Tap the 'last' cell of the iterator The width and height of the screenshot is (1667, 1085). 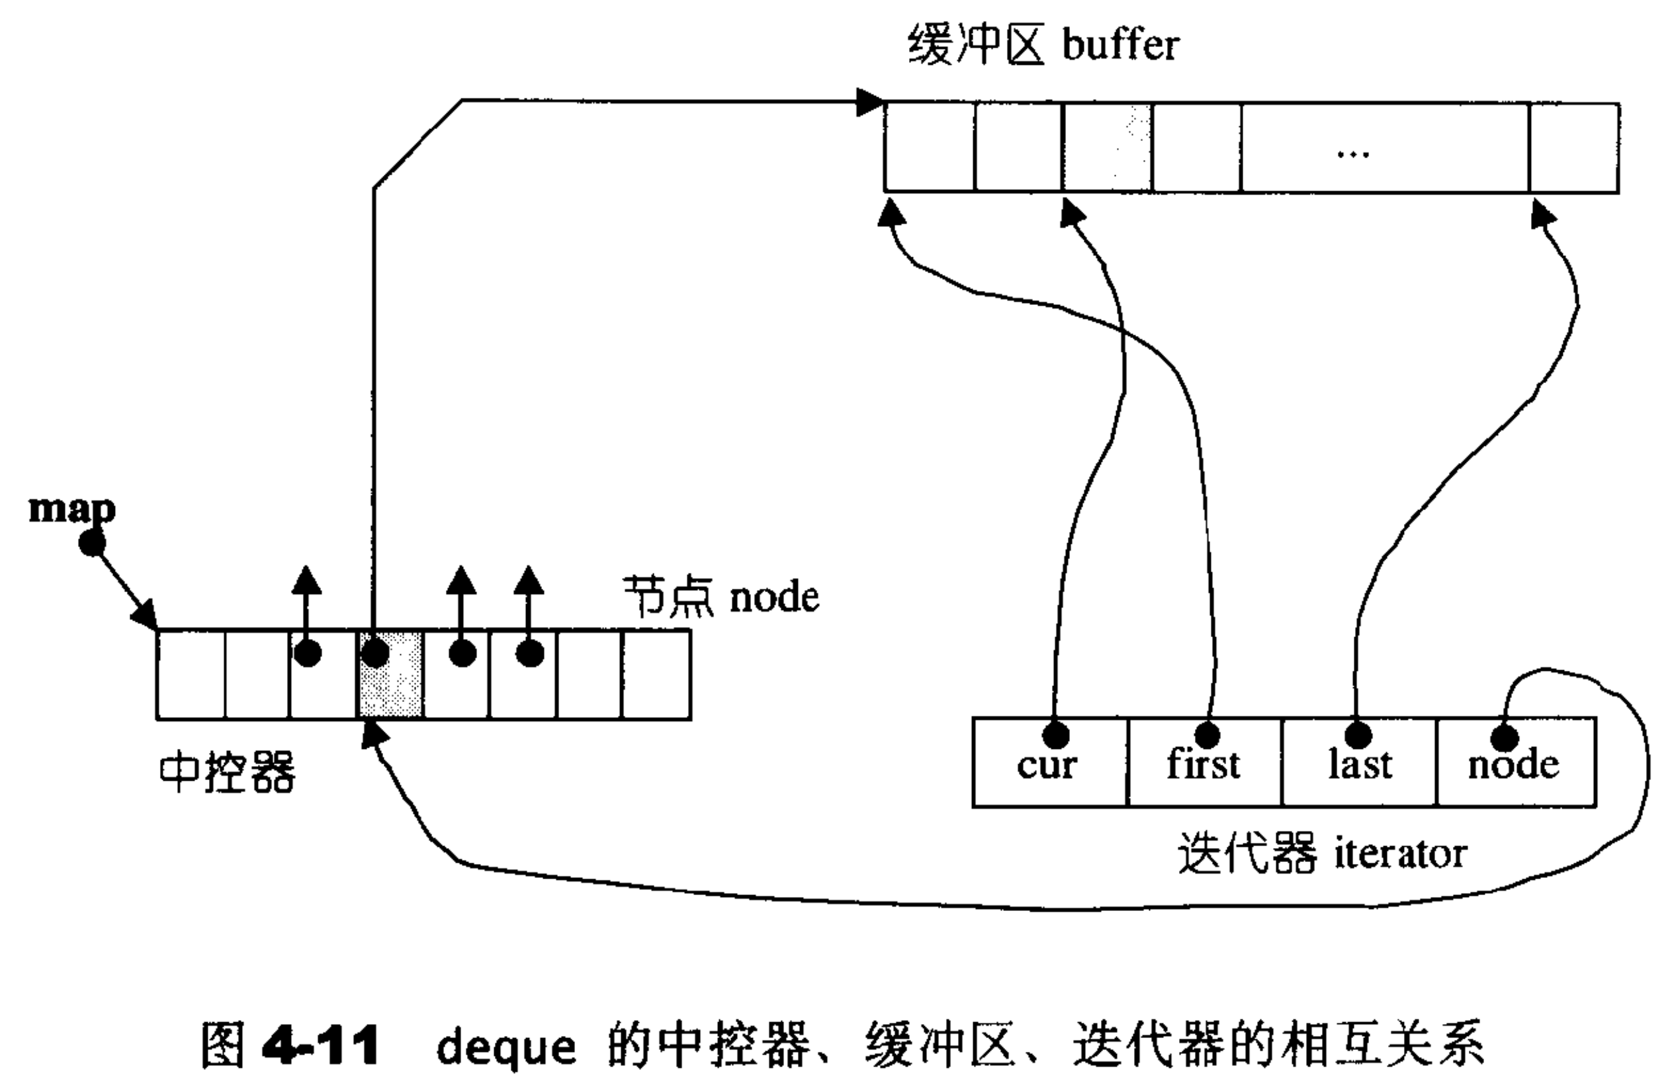tap(1359, 763)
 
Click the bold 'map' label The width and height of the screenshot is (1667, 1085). tap(71, 509)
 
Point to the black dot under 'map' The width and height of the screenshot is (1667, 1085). tap(91, 542)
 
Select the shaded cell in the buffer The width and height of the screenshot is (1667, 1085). tap(1107, 148)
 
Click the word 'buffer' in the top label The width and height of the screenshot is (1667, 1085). tap(1121, 45)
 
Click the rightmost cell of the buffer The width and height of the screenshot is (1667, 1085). tap(1574, 148)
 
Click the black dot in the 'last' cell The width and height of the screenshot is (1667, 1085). tap(1358, 736)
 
